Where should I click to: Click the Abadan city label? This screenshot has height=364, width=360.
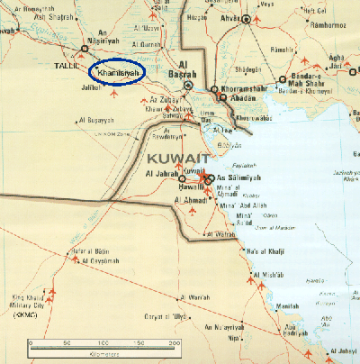tap(229, 101)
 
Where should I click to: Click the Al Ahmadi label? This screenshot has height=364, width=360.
tap(192, 198)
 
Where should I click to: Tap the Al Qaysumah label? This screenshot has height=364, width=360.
tap(100, 260)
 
